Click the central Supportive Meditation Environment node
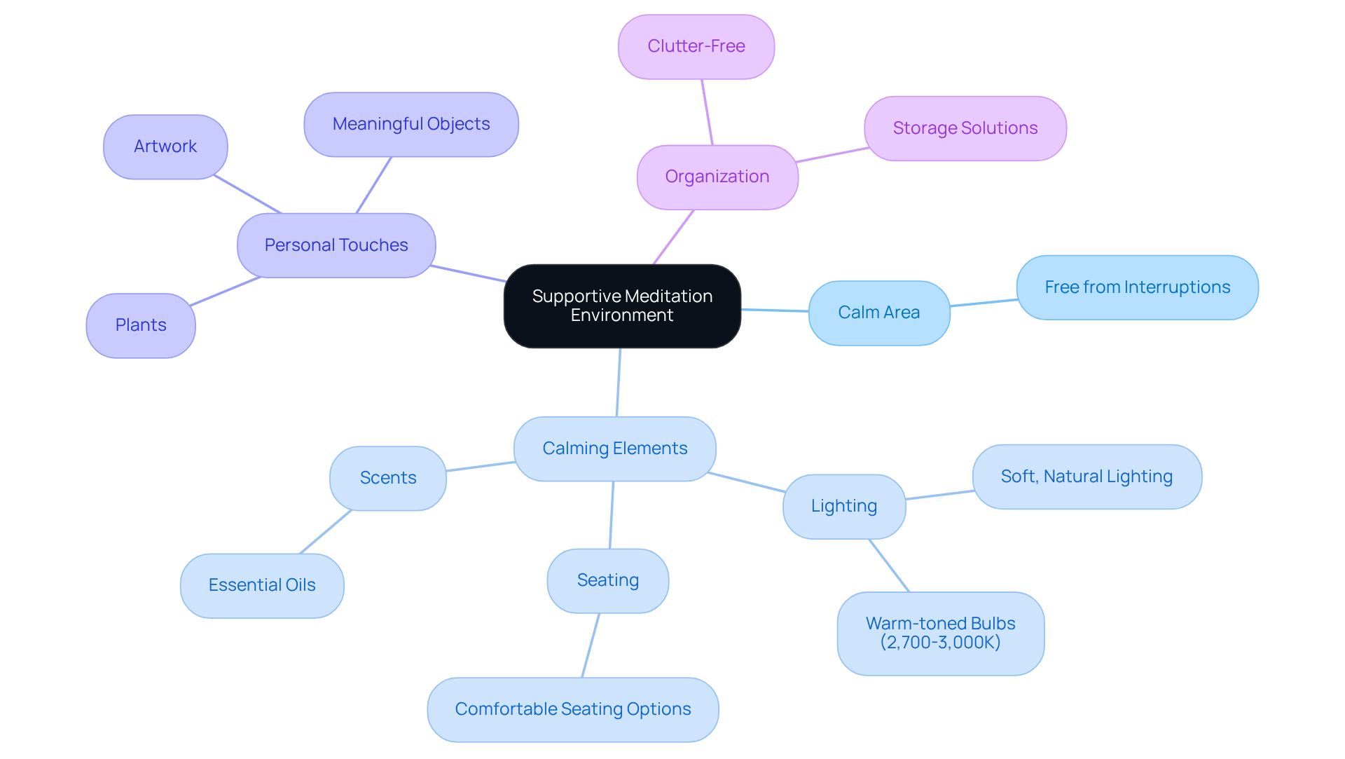[622, 306]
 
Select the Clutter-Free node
[696, 47]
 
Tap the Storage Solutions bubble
[965, 128]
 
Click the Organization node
[717, 177]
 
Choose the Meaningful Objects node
[411, 124]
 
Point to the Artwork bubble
[165, 146]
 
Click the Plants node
[141, 325]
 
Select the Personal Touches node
[336, 245]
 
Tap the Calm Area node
[878, 313]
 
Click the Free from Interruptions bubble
[1137, 287]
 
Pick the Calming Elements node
[614, 449]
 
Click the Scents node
[387, 478]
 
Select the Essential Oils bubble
[262, 585]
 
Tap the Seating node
[607, 580]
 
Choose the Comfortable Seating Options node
[572, 709]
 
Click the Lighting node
[843, 506]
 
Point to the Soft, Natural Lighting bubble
[1087, 477]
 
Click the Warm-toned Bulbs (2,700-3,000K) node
[940, 633]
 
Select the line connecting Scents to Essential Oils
[326, 532]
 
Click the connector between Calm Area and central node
[775, 310]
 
